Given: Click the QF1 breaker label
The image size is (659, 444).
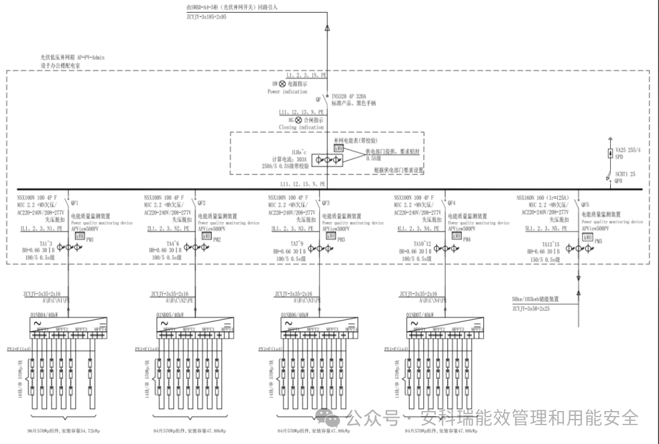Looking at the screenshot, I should click(75, 202).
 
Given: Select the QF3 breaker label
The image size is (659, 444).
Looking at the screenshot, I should click(326, 202).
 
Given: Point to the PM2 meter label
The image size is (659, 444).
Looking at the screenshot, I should click(217, 240).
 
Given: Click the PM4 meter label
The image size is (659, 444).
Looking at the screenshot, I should click(467, 240).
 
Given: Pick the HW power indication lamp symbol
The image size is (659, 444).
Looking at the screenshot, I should click(283, 83).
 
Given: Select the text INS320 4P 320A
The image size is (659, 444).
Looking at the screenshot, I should click(351, 96).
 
